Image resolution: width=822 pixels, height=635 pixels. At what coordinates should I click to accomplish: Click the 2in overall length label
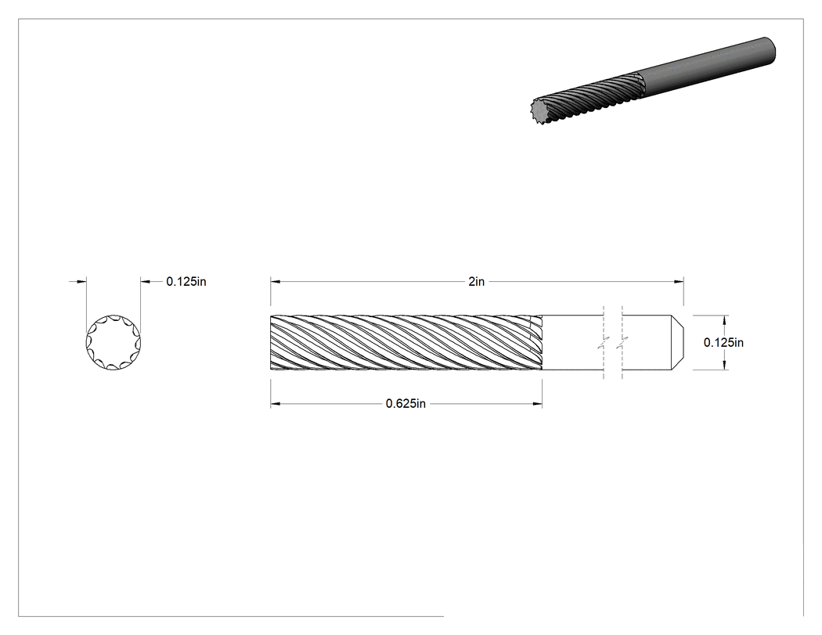click(x=476, y=282)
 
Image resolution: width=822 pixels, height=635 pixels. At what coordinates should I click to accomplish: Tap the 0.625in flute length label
click(x=406, y=404)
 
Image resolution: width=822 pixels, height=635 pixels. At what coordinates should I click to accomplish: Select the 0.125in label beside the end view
click(x=186, y=282)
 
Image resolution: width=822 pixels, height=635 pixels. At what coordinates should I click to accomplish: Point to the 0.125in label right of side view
click(x=723, y=342)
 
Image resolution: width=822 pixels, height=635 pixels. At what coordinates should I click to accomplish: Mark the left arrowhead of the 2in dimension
click(x=276, y=282)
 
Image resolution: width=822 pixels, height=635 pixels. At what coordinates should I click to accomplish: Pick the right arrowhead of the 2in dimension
click(x=679, y=282)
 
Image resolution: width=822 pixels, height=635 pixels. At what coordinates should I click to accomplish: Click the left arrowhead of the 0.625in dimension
click(x=276, y=404)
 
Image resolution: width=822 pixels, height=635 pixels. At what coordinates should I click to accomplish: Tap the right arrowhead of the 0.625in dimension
click(x=537, y=404)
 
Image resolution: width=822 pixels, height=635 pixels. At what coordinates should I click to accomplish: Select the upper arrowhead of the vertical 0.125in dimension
click(x=725, y=320)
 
